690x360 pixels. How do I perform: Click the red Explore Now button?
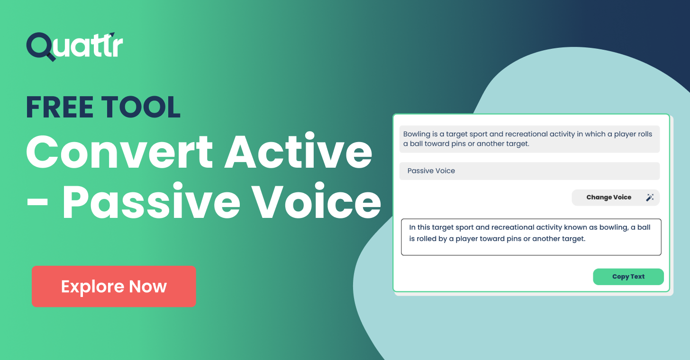(114, 286)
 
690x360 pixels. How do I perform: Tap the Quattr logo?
(74, 46)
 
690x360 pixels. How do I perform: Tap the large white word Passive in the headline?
(152, 202)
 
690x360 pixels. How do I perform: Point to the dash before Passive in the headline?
(38, 204)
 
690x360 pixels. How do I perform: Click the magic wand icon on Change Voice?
(650, 198)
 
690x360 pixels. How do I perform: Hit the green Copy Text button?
(628, 277)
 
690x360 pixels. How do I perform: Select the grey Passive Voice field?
(529, 171)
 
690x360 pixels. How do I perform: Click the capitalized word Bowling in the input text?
(417, 134)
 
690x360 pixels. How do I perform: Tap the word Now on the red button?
(148, 286)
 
